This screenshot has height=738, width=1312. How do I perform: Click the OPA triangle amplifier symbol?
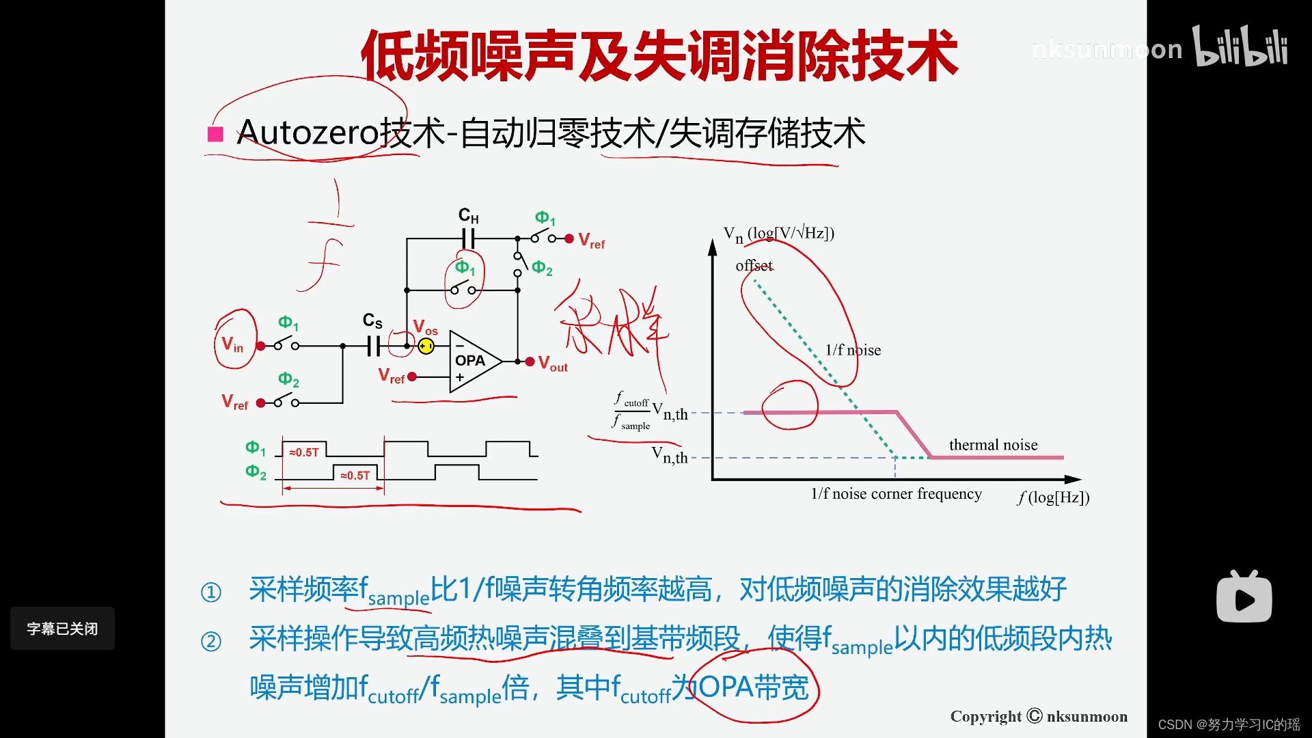(473, 361)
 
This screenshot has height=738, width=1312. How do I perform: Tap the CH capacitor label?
(468, 216)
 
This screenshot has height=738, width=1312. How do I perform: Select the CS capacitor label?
(372, 320)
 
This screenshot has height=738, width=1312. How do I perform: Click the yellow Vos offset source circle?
(426, 346)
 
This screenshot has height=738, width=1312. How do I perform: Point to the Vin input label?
(232, 344)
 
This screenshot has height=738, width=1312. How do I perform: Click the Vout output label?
(553, 364)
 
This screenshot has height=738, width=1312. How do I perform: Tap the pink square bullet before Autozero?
(215, 134)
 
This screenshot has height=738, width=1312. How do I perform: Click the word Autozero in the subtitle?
(307, 133)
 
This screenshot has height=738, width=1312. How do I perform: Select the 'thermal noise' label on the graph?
(993, 445)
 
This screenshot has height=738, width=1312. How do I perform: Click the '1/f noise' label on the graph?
(853, 350)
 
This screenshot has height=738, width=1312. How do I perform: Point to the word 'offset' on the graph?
(754, 265)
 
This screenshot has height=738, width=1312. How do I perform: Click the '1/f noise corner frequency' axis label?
(896, 494)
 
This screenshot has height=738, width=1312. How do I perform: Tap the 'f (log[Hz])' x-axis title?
(1053, 497)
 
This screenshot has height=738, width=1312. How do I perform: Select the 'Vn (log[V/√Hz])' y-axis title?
(779, 234)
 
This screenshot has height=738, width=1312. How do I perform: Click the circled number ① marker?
(211, 592)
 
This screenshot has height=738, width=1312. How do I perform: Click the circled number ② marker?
(211, 642)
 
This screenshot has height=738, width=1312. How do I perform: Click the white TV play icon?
(1244, 597)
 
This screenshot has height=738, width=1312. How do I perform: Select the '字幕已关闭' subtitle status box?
(62, 629)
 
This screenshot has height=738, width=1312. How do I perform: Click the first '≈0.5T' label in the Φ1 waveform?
(304, 452)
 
